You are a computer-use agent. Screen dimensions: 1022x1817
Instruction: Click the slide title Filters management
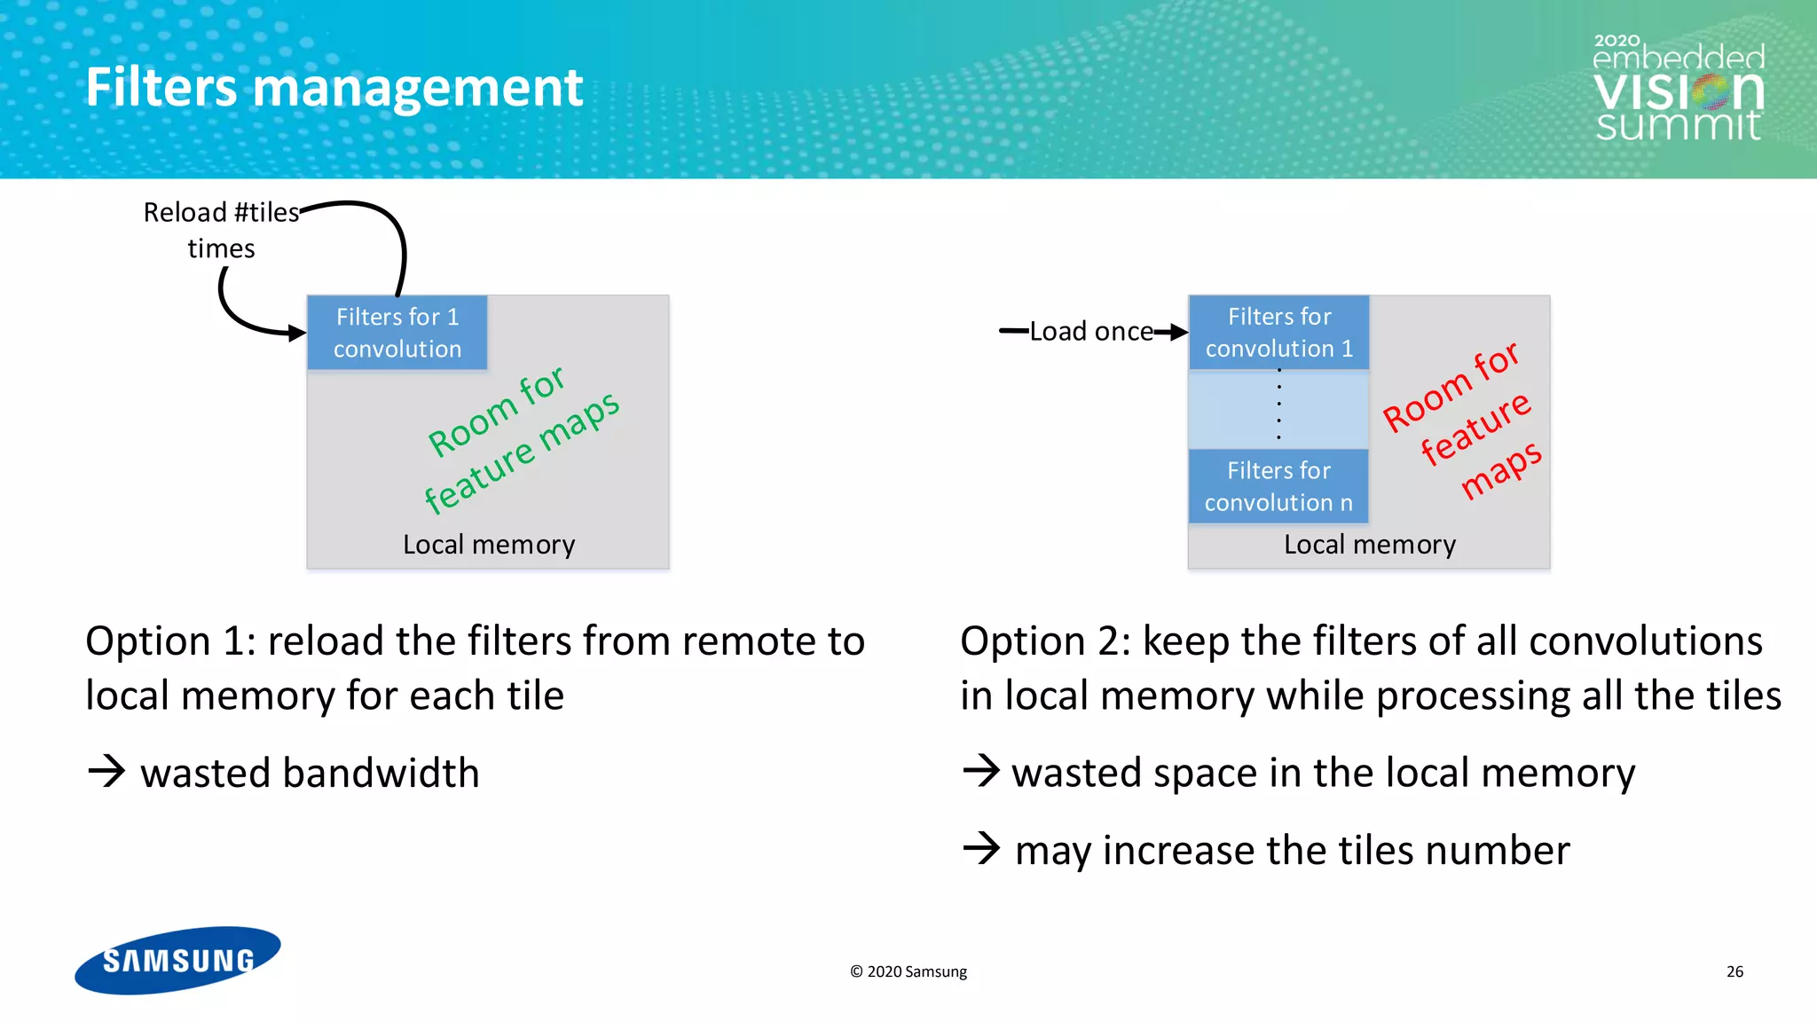tap(334, 88)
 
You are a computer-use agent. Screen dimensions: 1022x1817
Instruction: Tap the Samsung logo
tap(177, 960)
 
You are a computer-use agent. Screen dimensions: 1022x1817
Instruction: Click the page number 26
tap(1734, 971)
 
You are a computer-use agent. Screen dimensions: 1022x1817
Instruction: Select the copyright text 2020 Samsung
tap(908, 971)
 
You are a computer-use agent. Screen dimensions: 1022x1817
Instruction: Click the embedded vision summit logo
tap(1678, 89)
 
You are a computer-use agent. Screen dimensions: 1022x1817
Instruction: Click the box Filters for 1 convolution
tap(397, 333)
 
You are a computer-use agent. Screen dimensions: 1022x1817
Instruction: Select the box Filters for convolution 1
tap(1278, 333)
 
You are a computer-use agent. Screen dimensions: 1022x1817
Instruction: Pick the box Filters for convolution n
tap(1278, 486)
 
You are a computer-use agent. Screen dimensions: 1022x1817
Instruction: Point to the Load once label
tap(1091, 332)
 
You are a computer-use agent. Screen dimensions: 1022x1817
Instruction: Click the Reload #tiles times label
tap(221, 230)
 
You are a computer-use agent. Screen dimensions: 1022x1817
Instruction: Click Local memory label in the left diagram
tap(489, 544)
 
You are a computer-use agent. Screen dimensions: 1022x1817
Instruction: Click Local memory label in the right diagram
tap(1370, 544)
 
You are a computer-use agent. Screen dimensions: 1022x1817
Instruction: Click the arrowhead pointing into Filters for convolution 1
tap(1178, 333)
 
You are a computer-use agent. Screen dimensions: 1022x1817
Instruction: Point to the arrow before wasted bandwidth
tap(107, 771)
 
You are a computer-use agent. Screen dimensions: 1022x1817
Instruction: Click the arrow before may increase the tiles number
tap(981, 848)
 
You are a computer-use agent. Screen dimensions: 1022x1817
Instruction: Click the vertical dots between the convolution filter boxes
tap(1278, 404)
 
